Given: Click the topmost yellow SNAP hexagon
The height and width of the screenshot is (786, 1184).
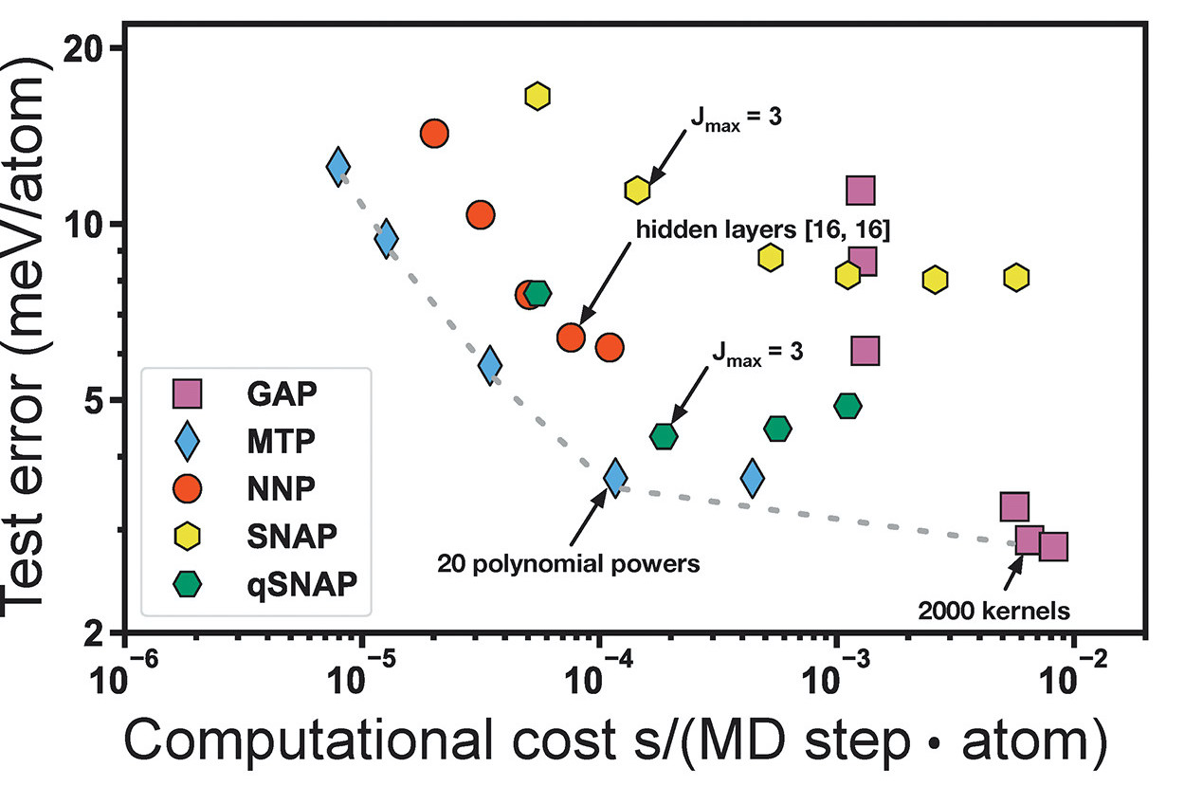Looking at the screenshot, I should click(x=537, y=95).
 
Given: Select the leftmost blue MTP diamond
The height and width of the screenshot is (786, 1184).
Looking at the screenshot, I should click(x=338, y=166).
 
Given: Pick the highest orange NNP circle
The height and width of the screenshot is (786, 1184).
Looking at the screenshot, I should click(x=434, y=134).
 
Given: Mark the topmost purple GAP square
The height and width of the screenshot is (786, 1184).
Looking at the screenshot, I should click(x=860, y=191).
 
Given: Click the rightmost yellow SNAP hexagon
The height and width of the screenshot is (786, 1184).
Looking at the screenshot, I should click(x=1016, y=277).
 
